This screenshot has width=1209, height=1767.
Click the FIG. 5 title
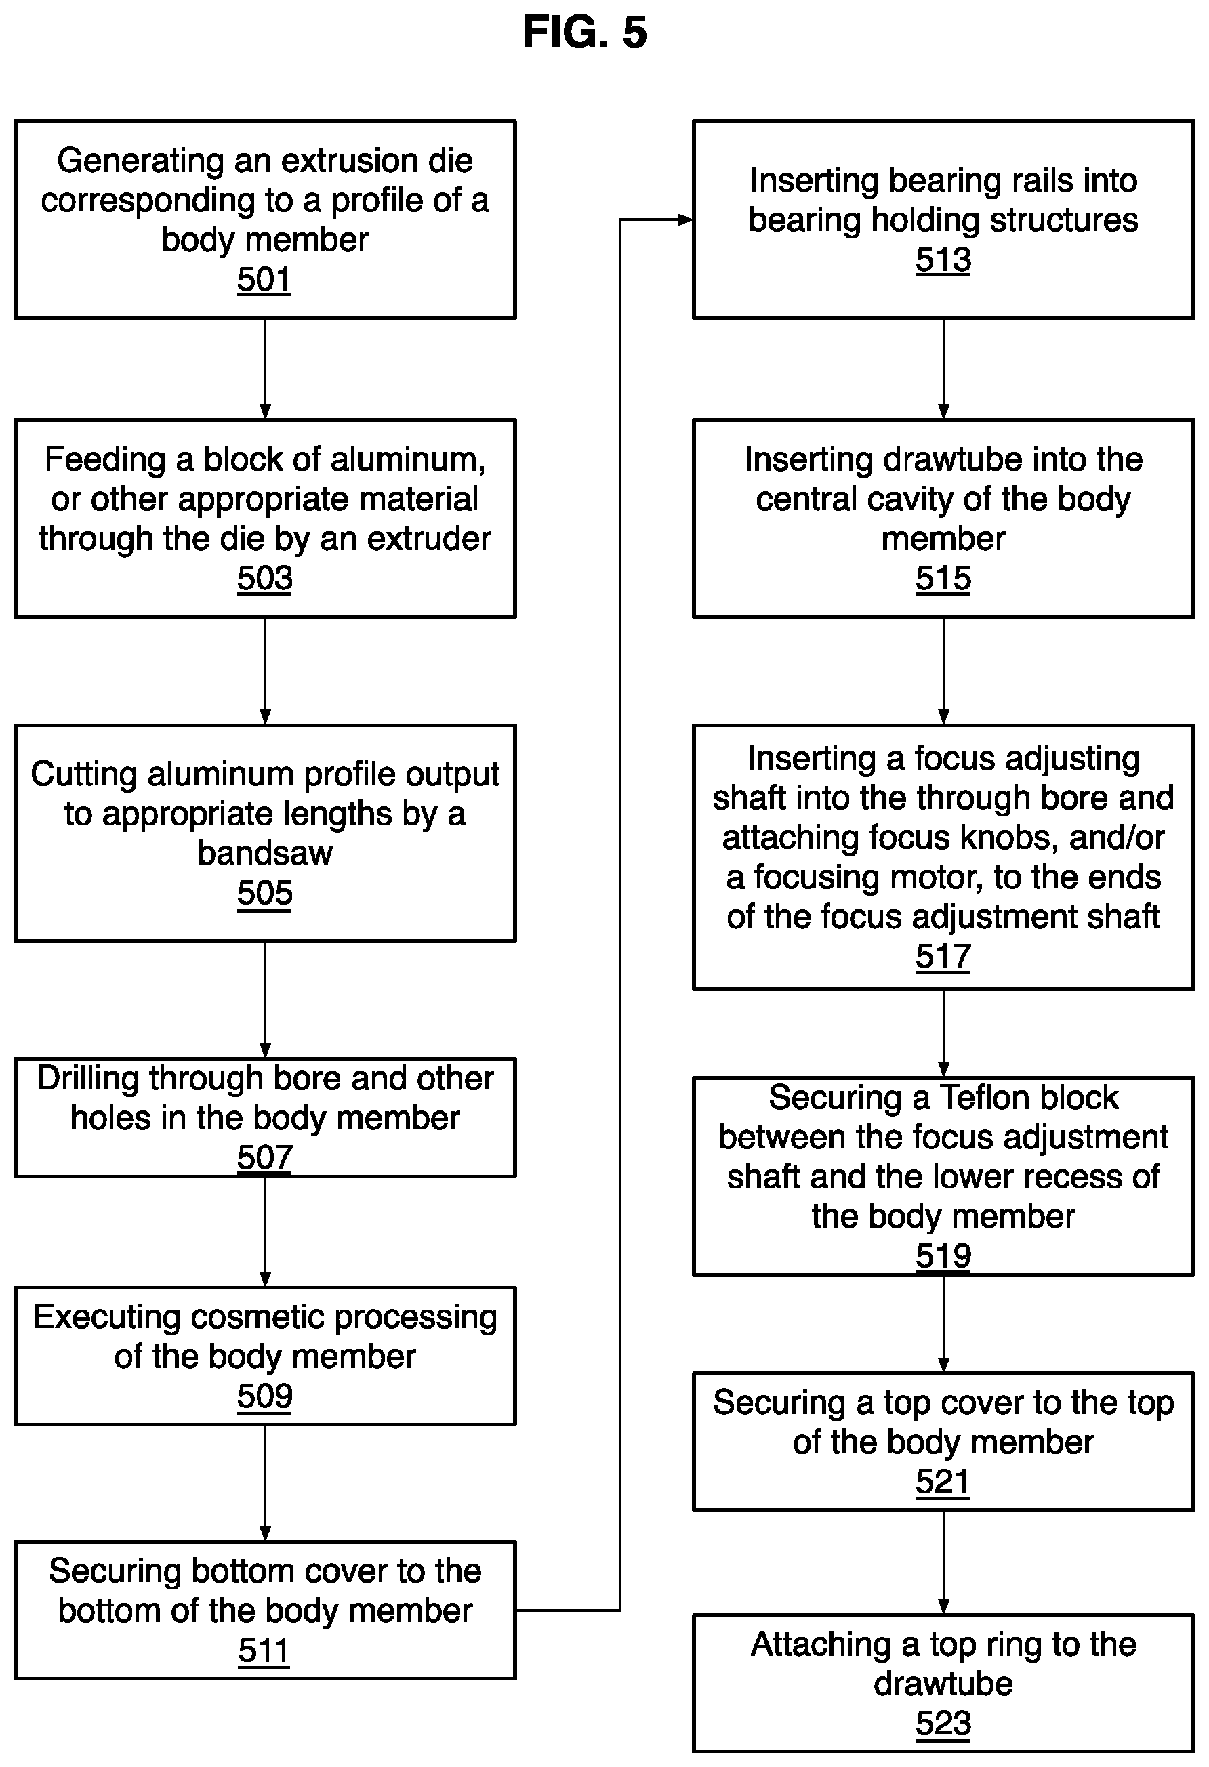585,33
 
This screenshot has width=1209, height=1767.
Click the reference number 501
264,279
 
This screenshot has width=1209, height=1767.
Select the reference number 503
264,578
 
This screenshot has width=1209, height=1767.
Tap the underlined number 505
264,892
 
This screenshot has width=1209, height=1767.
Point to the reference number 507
264,1157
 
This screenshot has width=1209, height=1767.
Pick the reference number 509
264,1395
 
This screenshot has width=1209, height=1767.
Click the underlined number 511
264,1650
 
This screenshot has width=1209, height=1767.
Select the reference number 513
943,259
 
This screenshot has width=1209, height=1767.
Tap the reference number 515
943,578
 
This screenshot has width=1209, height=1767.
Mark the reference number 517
943,956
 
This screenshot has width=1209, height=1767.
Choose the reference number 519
943,1255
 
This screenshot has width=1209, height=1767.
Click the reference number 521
942,1482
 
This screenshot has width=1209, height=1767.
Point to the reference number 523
943,1724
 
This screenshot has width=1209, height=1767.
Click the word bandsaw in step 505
264,853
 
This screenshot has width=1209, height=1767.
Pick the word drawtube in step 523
943,1684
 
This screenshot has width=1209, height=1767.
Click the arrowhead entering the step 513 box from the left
686,220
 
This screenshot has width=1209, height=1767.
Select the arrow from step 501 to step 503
266,369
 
